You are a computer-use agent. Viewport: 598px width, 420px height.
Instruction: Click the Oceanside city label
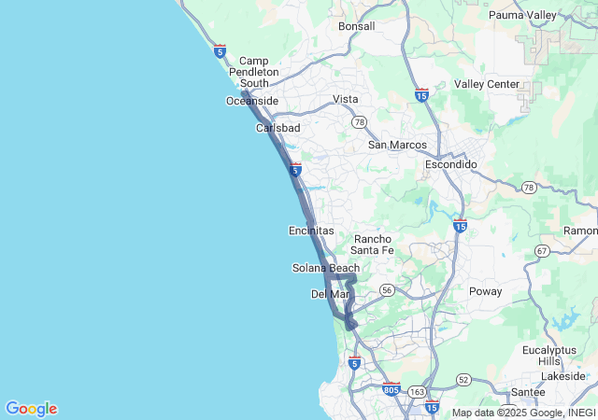pos(251,101)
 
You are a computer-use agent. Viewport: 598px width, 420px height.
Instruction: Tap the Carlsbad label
pos(278,128)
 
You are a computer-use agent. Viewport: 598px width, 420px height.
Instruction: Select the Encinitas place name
pos(311,231)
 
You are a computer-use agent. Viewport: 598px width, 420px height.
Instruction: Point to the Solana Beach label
pos(325,269)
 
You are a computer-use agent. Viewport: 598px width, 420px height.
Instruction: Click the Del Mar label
pos(330,294)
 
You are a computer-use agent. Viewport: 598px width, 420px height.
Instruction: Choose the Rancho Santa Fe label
pos(373,244)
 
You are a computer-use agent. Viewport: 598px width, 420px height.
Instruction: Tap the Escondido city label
pos(450,164)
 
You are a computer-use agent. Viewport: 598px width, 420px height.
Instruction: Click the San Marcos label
pos(397,145)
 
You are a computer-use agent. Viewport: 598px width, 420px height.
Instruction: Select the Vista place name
pos(346,99)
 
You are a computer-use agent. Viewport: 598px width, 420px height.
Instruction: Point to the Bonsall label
pos(356,26)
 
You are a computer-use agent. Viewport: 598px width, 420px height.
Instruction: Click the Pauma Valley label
pos(522,15)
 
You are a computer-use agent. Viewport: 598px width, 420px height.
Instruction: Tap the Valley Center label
pos(487,84)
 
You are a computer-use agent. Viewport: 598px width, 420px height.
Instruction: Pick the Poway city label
pos(485,291)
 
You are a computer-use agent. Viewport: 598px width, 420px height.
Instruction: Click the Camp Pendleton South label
pos(253,72)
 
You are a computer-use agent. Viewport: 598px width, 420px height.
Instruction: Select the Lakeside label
pos(562,375)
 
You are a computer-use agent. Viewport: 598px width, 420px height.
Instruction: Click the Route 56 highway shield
pos(387,291)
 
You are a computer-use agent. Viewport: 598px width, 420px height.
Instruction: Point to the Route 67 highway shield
pos(542,251)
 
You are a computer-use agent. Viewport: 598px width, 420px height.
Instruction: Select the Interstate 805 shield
pos(391,386)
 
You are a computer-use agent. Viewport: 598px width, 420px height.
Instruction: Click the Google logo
pos(31,409)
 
